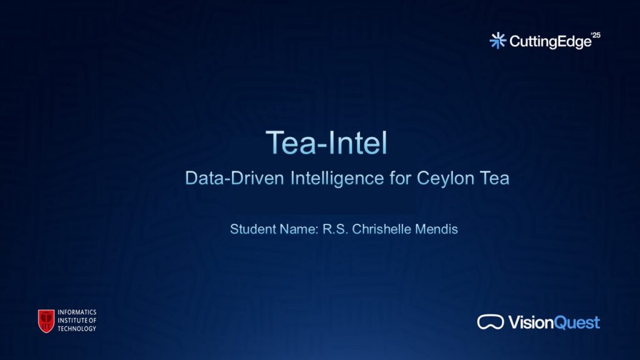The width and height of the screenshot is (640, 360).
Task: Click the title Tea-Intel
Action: pos(326,142)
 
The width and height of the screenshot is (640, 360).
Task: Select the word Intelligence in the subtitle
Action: pos(337,179)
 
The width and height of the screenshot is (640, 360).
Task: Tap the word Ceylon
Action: pos(445,179)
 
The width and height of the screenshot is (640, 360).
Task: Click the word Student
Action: pos(253,229)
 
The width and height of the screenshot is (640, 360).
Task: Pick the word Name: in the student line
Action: pos(299,229)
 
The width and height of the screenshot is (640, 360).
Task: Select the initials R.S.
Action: pos(335,229)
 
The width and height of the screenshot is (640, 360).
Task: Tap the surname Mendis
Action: pos(436,229)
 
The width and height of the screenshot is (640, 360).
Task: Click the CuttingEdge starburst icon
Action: pos(497,41)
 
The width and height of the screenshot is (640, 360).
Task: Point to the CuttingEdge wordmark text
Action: pos(550,42)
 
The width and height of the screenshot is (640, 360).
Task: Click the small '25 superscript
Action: pos(596,35)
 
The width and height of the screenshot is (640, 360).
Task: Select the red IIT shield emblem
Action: pos(46,321)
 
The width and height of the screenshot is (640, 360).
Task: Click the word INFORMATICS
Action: pos(77,312)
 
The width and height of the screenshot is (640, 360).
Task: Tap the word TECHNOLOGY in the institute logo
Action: pos(77,329)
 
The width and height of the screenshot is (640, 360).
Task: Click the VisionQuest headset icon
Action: pos(491,322)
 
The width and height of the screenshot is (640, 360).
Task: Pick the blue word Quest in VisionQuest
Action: pos(577,323)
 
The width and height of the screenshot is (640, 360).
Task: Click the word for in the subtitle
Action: pos(400,178)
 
